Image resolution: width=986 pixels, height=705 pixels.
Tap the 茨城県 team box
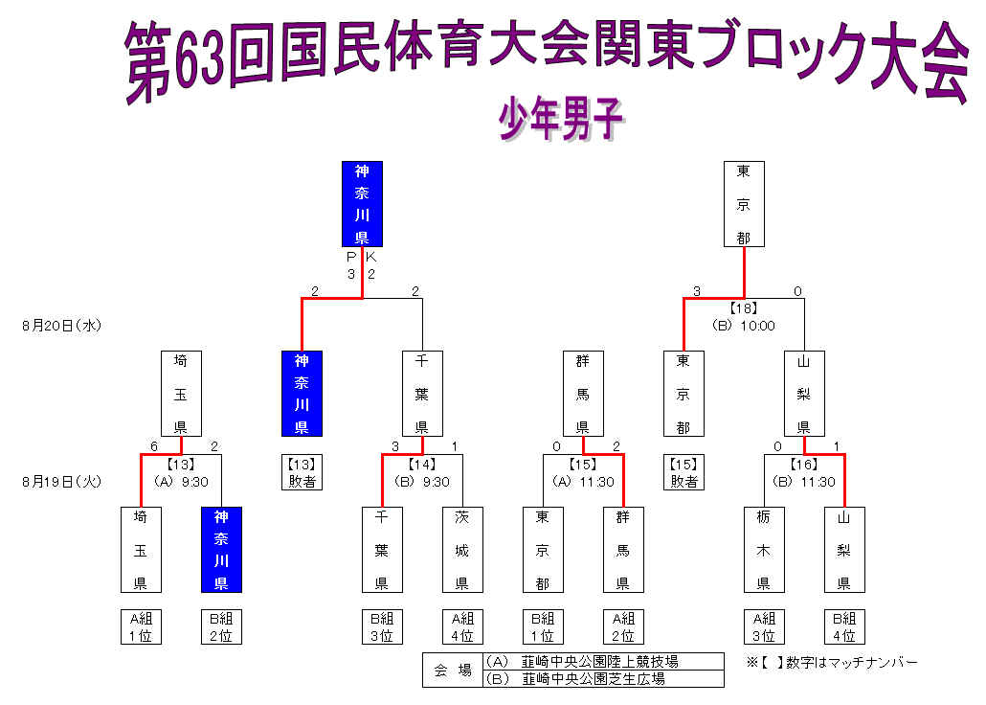tap(462, 550)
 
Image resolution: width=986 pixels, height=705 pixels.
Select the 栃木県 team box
tap(764, 550)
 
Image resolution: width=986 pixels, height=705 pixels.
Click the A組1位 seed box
tap(141, 626)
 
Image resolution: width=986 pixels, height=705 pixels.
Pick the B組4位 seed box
tap(844, 626)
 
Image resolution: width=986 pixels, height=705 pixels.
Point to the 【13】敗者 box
tap(303, 472)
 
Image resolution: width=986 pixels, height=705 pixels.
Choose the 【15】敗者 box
tap(683, 472)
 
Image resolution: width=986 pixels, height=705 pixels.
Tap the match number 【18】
tap(744, 308)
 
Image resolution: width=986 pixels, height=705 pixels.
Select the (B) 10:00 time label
tap(744, 326)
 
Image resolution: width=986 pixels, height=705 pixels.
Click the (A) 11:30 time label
tap(583, 482)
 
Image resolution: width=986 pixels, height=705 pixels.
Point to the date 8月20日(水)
tap(61, 326)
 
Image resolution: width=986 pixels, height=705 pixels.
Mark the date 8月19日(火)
tap(61, 482)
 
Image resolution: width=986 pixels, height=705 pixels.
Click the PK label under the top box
tap(362, 257)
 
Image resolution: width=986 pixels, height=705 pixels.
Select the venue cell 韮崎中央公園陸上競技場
tap(602, 661)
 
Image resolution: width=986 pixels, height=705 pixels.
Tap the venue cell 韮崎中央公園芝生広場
tap(602, 678)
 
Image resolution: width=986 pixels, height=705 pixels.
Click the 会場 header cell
tap(452, 671)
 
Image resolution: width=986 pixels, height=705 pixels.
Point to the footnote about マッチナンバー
tap(832, 662)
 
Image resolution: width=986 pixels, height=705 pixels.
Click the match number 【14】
tap(422, 466)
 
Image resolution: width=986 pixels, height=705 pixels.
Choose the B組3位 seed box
tap(382, 626)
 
